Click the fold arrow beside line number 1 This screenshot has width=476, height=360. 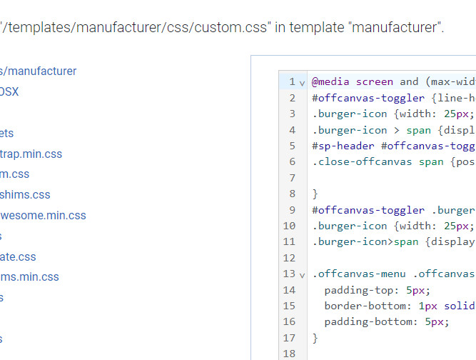click(x=302, y=82)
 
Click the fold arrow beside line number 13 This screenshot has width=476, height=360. click(x=302, y=274)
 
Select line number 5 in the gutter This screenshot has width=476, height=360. click(x=292, y=146)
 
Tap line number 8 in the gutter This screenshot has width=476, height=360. click(x=292, y=194)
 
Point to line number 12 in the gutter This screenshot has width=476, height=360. click(x=289, y=258)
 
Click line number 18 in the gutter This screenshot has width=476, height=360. click(x=289, y=354)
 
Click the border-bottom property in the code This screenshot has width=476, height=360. click(x=368, y=306)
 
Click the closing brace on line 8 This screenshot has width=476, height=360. click(x=315, y=194)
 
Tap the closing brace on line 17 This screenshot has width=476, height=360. click(x=315, y=338)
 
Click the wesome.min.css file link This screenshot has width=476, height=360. click(x=43, y=215)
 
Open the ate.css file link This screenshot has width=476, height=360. click(x=18, y=256)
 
